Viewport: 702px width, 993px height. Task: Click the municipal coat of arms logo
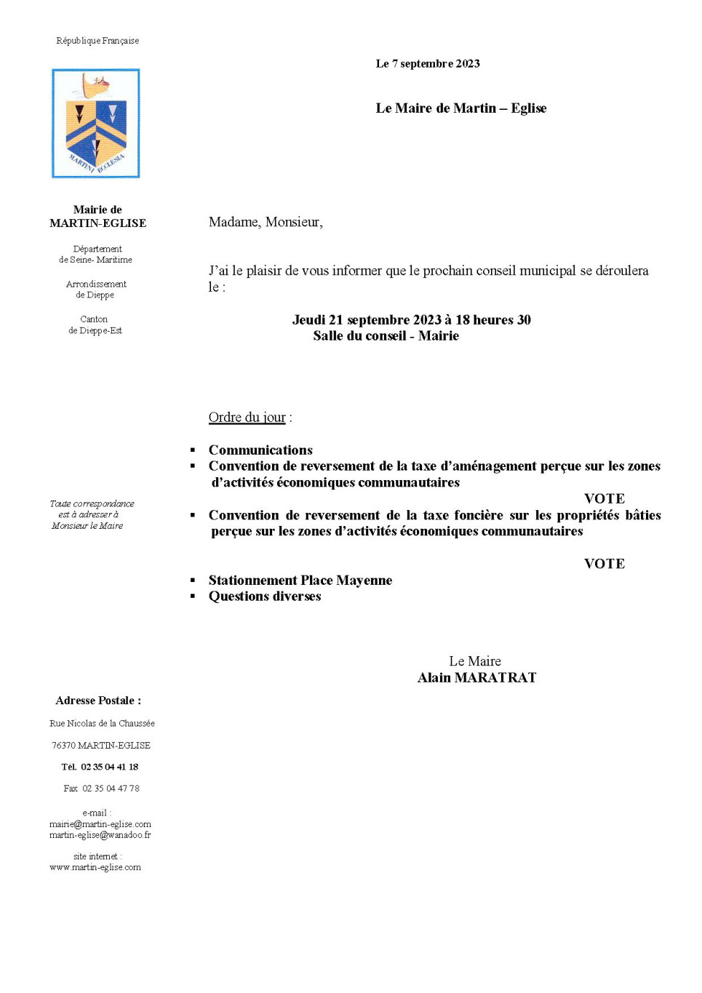96,124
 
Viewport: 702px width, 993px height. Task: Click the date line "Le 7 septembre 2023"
428,64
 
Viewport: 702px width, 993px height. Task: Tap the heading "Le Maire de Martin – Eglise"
460,108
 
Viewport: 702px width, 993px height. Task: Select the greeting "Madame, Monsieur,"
266,222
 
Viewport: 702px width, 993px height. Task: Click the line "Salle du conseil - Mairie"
386,336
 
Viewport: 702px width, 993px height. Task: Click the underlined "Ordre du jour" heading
247,418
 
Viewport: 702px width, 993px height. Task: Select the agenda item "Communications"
260,450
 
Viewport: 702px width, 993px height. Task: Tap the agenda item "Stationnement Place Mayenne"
300,581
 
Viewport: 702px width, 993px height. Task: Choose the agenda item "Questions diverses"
265,597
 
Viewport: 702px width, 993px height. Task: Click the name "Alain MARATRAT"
476,678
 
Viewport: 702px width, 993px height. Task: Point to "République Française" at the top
97,41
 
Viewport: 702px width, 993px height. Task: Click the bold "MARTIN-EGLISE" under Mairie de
97,223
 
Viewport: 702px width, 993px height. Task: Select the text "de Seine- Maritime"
95,260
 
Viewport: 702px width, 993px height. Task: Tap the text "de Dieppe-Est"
95,330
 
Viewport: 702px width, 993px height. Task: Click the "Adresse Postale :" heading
98,701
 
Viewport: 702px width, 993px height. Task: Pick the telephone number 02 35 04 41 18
109,767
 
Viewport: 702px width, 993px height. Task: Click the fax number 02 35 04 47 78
111,789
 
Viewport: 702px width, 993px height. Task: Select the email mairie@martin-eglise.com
100,824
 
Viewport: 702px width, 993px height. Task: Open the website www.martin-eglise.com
95,867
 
